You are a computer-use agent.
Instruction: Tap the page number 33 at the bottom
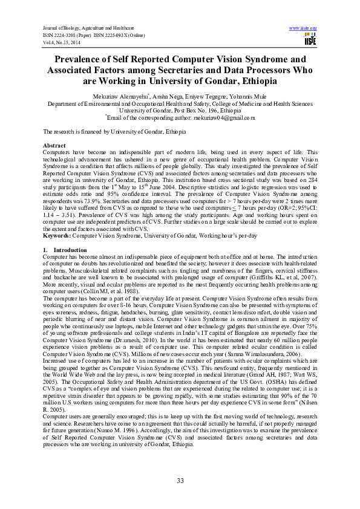(x=180, y=481)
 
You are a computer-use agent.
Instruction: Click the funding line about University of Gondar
(x=114, y=131)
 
